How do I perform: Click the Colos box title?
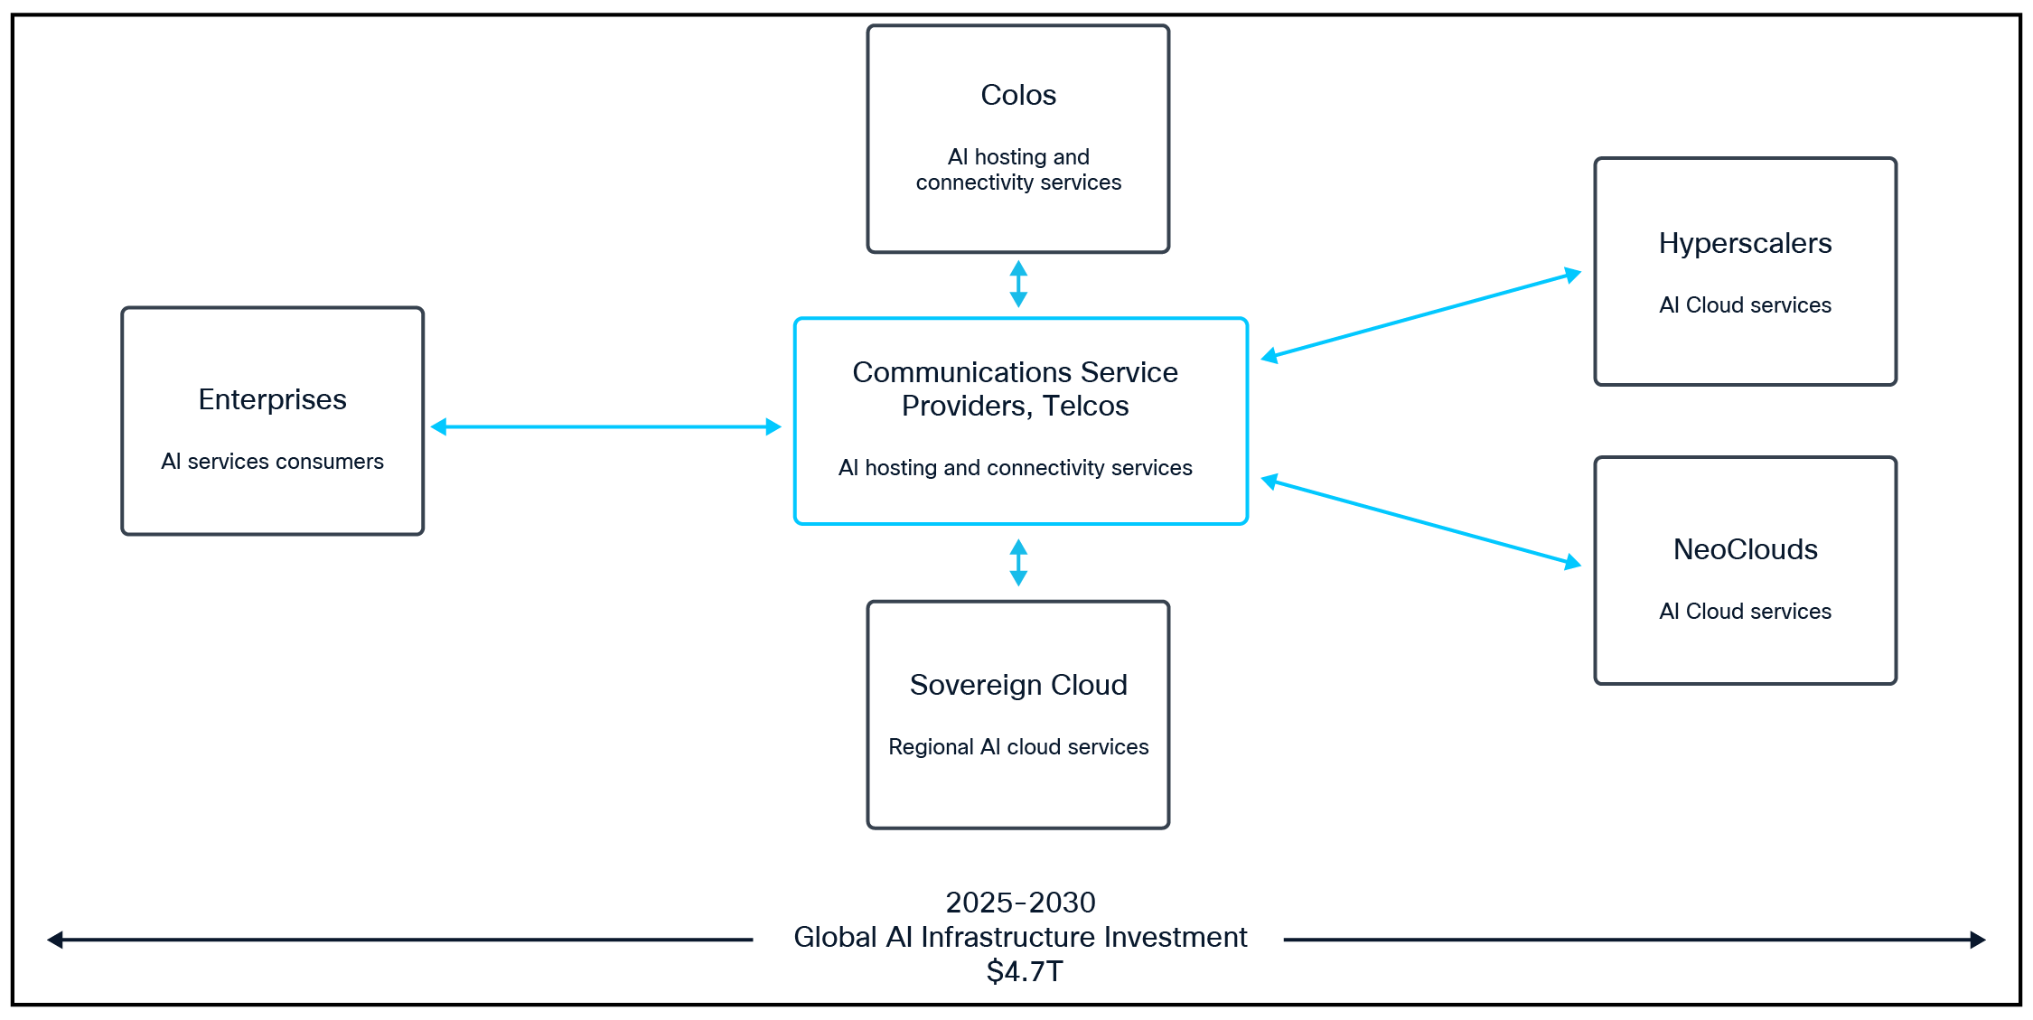click(1018, 95)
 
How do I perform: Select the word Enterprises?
click(272, 399)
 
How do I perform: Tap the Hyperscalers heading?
click(1745, 243)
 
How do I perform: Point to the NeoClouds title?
click(1745, 549)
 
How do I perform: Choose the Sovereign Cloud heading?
click(1018, 685)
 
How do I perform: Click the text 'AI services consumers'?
click(272, 462)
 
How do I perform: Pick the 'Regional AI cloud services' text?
click(1018, 747)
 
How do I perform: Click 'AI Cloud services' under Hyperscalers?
click(1745, 305)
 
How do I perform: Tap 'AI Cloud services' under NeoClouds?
click(1745, 612)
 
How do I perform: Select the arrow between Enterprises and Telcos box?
click(605, 426)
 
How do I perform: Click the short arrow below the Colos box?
click(1018, 284)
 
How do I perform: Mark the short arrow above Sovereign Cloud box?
click(1018, 563)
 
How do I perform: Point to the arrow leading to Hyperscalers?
click(1420, 314)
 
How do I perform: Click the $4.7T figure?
click(1025, 971)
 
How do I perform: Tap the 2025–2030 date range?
click(1020, 902)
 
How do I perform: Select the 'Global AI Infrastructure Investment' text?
click(1020, 937)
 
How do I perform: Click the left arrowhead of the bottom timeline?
click(55, 940)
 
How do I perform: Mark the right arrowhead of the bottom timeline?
click(1978, 940)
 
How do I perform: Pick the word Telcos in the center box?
click(1085, 407)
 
